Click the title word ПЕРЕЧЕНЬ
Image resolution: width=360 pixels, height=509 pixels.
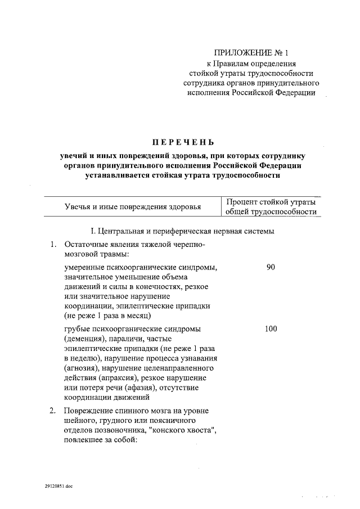tap(179, 142)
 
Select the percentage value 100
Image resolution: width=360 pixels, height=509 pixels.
tap(271, 328)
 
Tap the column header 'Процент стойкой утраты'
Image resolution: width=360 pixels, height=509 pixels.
tap(271, 202)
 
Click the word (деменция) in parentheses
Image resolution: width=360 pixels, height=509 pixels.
tap(83, 339)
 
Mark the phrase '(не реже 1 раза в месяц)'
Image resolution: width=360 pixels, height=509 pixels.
tap(105, 316)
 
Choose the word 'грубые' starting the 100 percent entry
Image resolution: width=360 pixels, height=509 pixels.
tap(78, 328)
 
